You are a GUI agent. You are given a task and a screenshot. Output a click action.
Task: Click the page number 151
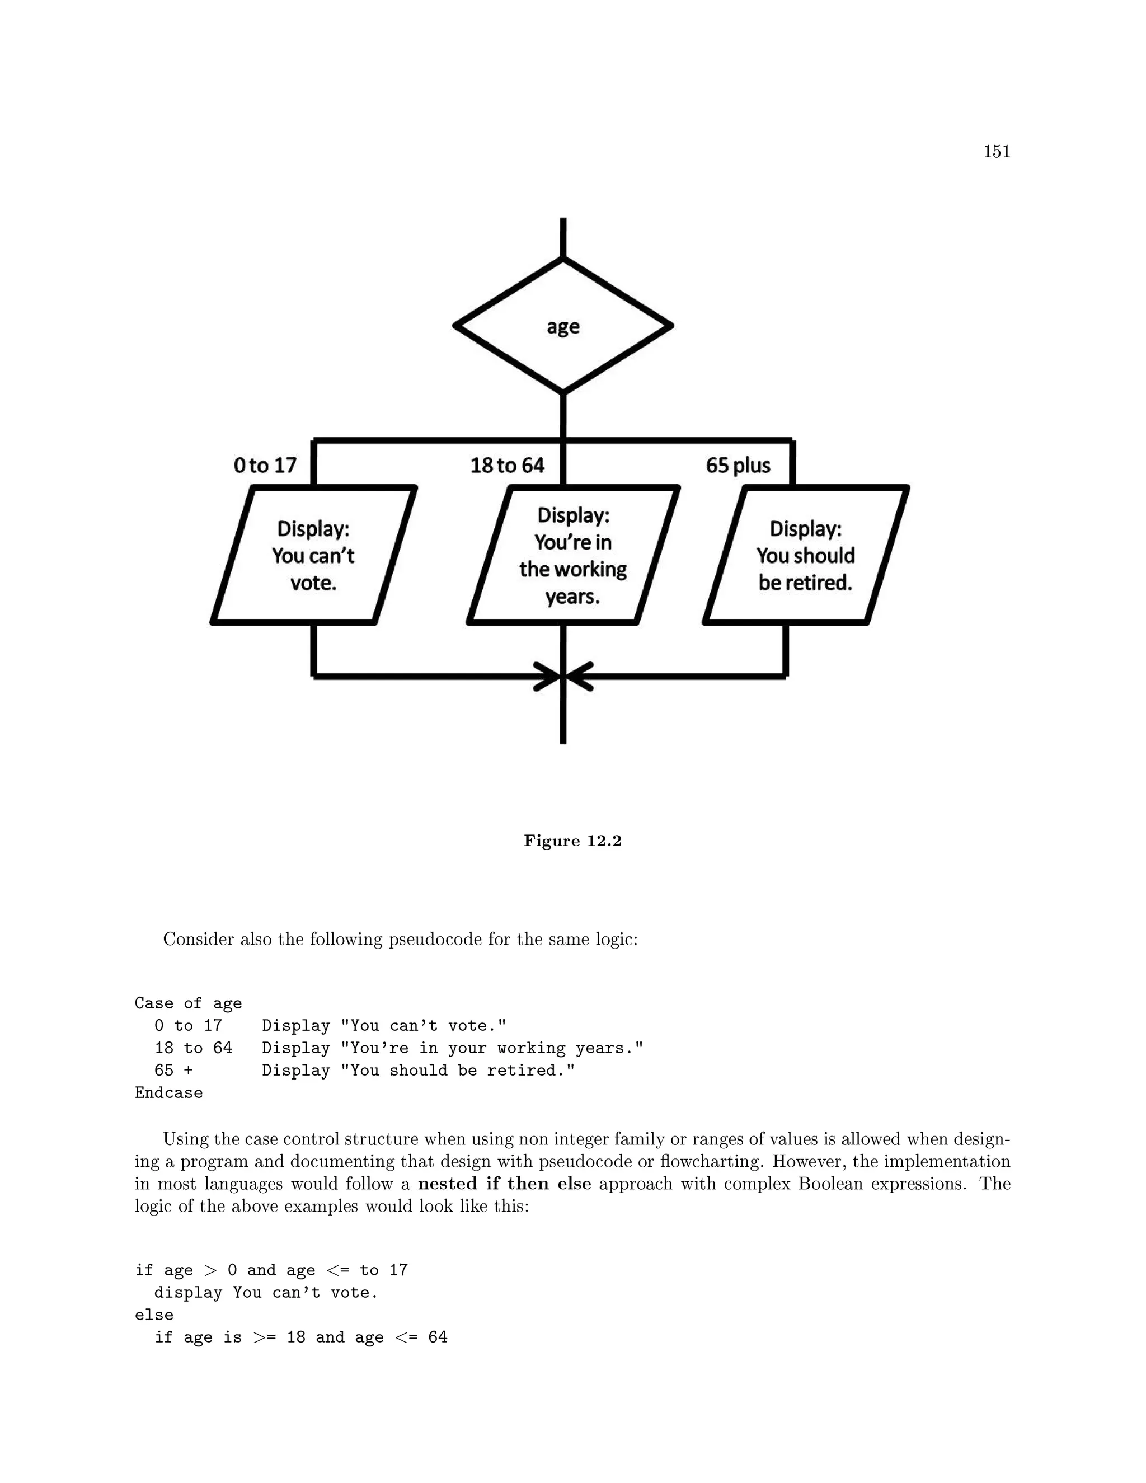coord(996,152)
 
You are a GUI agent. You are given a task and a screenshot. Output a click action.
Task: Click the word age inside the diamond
coord(563,327)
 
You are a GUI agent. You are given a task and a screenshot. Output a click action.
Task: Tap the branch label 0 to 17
coord(265,465)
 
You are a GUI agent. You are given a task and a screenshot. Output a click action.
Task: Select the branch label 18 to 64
coord(507,465)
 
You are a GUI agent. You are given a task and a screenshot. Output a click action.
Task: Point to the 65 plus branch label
coord(738,465)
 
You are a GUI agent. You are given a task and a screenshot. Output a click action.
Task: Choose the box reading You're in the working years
coord(572,555)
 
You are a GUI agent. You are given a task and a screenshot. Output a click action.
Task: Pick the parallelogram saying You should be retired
coord(806,555)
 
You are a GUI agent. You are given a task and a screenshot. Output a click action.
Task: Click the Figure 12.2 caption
coord(572,841)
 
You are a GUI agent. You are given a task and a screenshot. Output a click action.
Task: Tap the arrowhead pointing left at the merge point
coord(579,677)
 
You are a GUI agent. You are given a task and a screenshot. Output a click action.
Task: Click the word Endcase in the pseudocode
coord(168,1092)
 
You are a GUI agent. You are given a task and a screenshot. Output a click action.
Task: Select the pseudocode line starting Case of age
coord(188,1003)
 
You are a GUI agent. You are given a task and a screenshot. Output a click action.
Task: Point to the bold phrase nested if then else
coord(504,1184)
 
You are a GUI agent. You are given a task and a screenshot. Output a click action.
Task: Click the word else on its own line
coord(154,1315)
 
